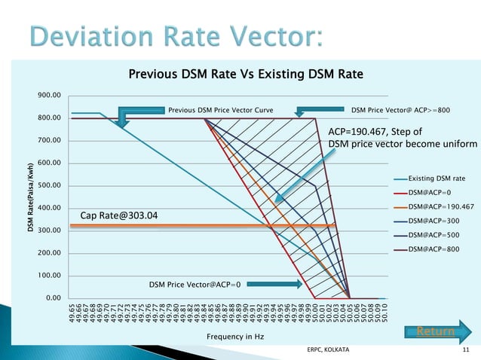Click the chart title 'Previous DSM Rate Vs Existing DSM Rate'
[246, 74]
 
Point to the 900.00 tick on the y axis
[51, 96]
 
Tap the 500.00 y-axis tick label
[51, 185]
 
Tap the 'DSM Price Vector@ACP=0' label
[195, 285]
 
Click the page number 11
[465, 351]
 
